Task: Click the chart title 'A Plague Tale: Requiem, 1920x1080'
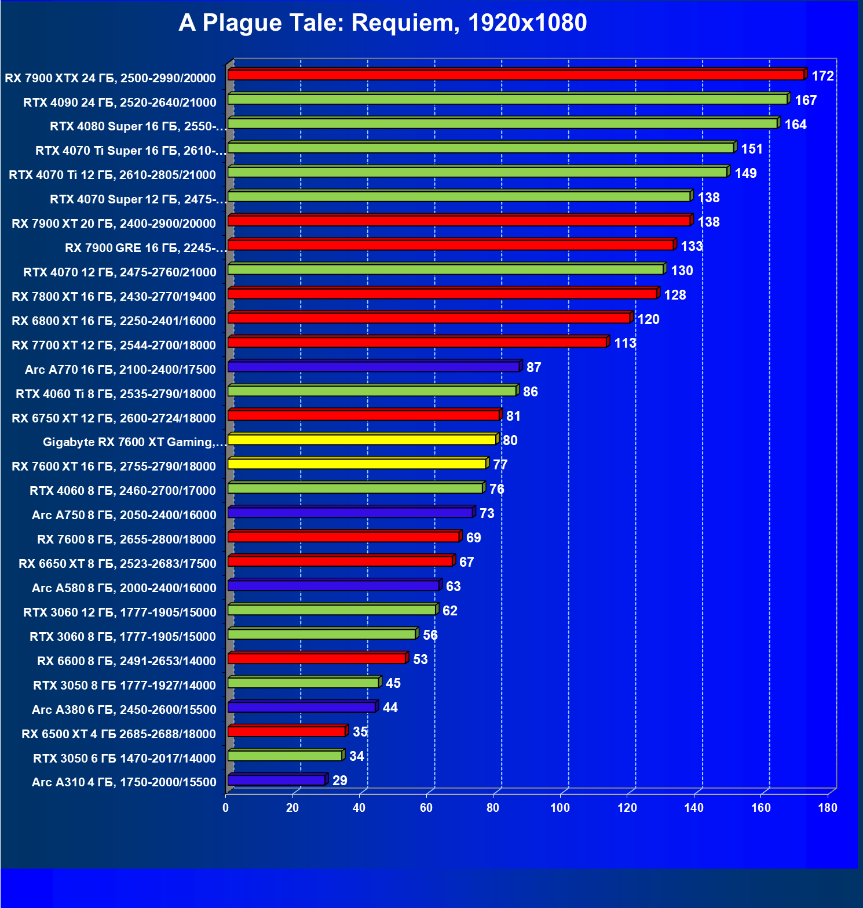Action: point(382,23)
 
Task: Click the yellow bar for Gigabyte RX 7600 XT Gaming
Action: point(362,440)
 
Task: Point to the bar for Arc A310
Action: point(276,781)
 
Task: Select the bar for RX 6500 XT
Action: point(287,732)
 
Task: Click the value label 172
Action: point(822,76)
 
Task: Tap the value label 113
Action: point(625,344)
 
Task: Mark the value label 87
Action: point(533,368)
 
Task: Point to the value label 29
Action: point(340,781)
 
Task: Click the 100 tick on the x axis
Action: point(560,808)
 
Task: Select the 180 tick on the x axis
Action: point(828,808)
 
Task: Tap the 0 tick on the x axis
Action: point(226,808)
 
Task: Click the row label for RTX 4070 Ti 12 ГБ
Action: point(112,175)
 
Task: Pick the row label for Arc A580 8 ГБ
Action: point(124,588)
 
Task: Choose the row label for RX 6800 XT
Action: point(114,321)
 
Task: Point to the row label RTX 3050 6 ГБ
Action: point(124,759)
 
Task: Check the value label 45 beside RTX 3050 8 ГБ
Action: point(393,684)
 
